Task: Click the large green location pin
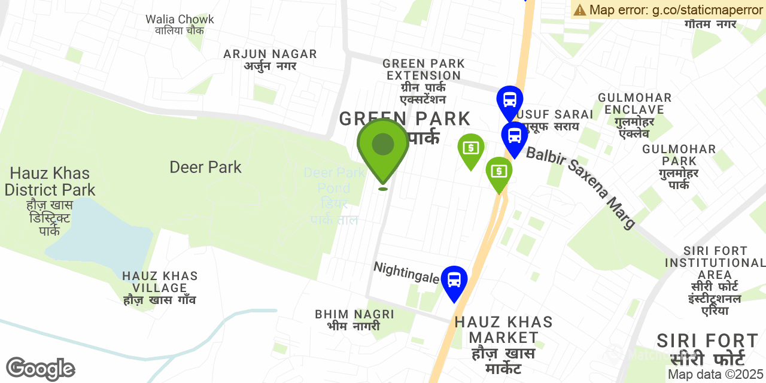pyautogui.click(x=383, y=147)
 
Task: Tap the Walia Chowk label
pyautogui.click(x=180, y=25)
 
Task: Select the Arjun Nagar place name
pyautogui.click(x=270, y=59)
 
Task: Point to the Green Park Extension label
pyautogui.click(x=424, y=81)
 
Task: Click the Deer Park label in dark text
pyautogui.click(x=205, y=167)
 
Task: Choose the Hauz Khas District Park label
pyautogui.click(x=50, y=181)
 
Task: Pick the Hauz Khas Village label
pyautogui.click(x=160, y=288)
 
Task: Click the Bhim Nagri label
pyautogui.click(x=354, y=320)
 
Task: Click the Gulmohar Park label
pyautogui.click(x=679, y=166)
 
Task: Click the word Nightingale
pyautogui.click(x=406, y=272)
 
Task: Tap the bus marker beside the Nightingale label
pyautogui.click(x=454, y=280)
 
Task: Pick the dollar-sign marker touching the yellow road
pyautogui.click(x=498, y=172)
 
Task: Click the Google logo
pyautogui.click(x=41, y=369)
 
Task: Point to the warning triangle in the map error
pyautogui.click(x=579, y=10)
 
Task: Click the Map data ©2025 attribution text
pyautogui.click(x=715, y=375)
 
